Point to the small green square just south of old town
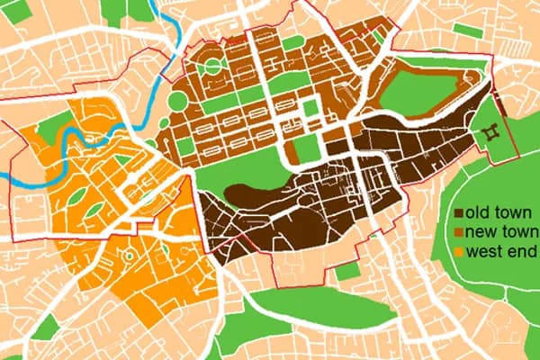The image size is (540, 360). coord(344,271)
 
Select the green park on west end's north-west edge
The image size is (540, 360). coord(54,126)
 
